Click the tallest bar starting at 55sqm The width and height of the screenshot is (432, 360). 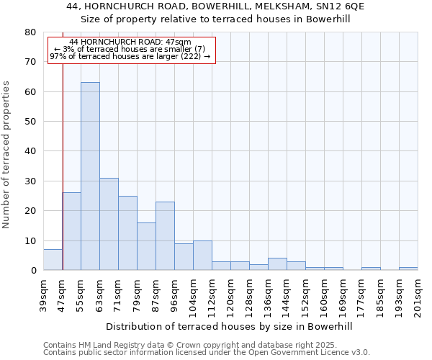90,176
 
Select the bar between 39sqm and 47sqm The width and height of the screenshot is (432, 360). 53,260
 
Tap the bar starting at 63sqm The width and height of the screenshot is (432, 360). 109,224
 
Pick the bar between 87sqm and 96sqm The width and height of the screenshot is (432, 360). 165,236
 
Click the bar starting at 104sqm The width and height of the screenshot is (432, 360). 202,256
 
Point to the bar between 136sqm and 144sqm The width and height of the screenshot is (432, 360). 277,264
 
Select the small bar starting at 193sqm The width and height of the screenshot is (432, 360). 408,269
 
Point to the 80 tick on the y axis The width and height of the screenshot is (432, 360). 30,32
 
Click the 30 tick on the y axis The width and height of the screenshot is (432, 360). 30,181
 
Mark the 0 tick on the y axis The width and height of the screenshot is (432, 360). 32,271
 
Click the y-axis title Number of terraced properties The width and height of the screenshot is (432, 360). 7,155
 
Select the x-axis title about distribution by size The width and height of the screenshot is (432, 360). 230,326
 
